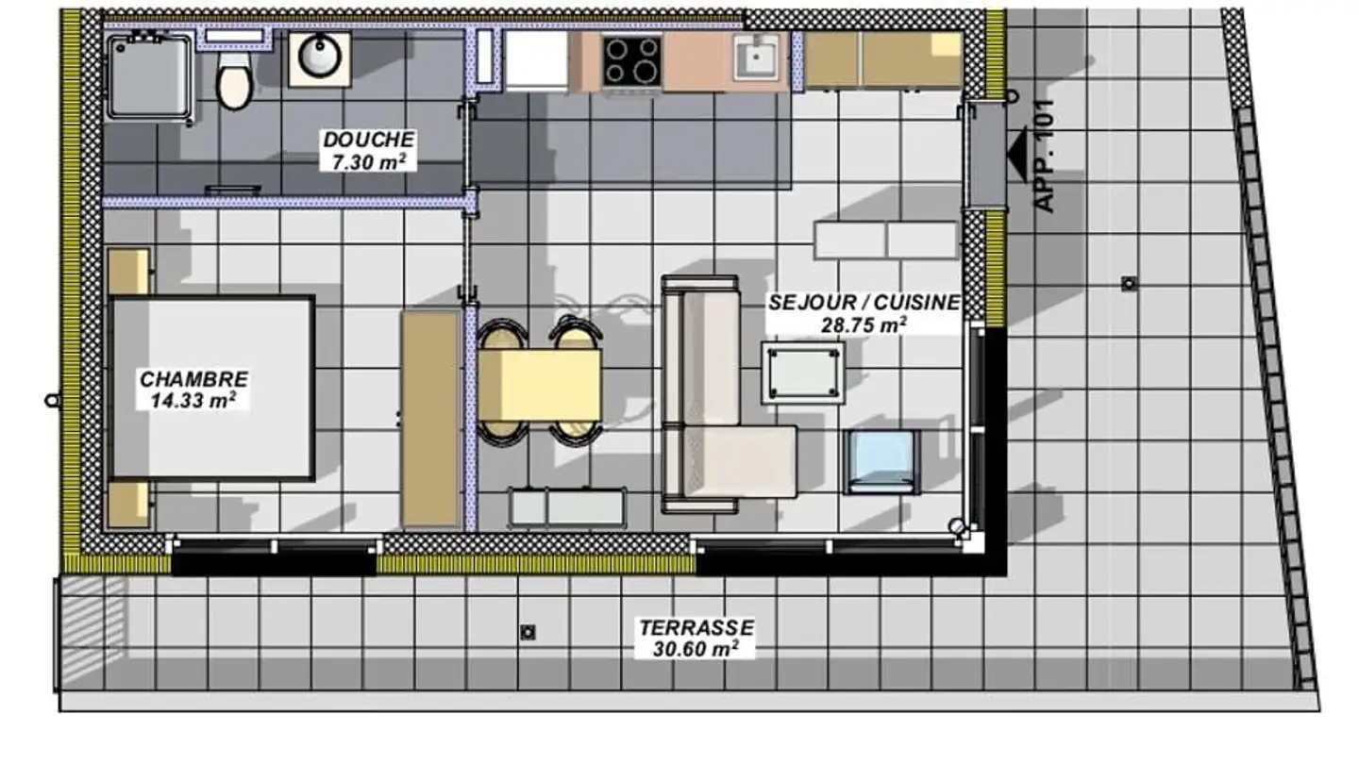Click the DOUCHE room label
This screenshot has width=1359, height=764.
tap(368, 140)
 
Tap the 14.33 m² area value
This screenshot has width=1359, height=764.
tap(193, 400)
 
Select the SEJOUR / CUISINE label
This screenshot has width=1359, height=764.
tap(864, 303)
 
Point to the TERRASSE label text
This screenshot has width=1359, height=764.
tap(696, 628)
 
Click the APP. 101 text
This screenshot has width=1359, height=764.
tap(1045, 156)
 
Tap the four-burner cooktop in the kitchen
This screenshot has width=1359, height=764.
tap(631, 60)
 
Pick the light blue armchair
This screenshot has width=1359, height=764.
tap(881, 461)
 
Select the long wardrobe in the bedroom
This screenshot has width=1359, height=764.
tap(430, 419)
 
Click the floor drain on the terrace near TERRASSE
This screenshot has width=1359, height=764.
tap(528, 632)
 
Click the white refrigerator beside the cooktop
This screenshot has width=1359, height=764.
tap(536, 60)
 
